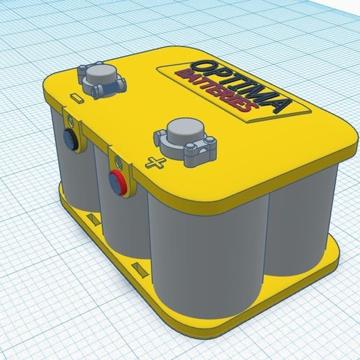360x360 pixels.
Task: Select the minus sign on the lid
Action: (77, 100)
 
